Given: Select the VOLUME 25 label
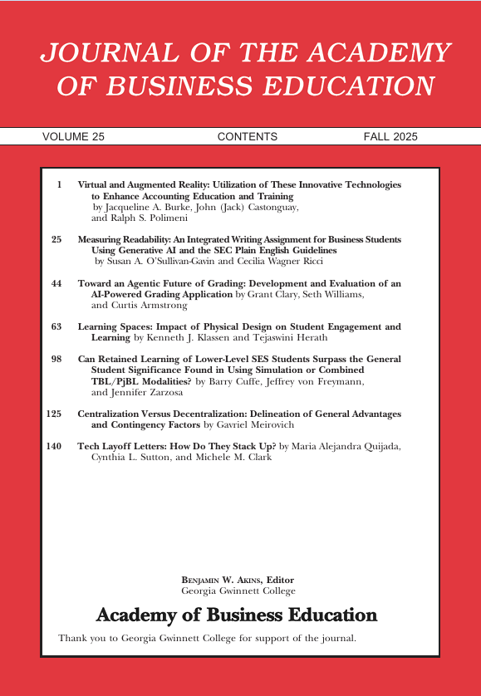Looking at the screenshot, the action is [x=73, y=137].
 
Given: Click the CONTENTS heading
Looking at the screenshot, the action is [x=247, y=137].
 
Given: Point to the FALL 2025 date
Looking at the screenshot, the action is [x=390, y=137].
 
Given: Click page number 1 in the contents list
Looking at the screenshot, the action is [x=60, y=185].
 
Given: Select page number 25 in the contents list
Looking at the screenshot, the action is [x=56, y=239].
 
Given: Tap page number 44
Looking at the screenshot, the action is [x=56, y=283].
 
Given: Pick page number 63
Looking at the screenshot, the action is [x=56, y=327].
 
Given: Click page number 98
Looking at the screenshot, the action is [x=56, y=360].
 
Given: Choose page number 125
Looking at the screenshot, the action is [x=54, y=414].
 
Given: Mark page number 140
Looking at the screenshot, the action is [x=54, y=446].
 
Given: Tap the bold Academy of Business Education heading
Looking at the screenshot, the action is [x=237, y=615].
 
